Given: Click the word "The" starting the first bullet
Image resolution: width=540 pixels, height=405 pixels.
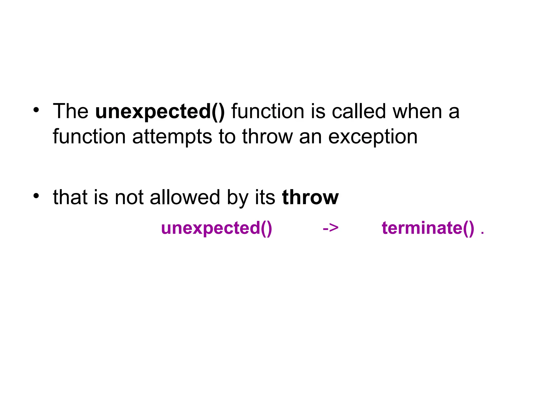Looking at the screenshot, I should coord(70,111).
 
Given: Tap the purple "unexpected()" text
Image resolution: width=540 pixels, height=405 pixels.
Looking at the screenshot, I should coord(216,228).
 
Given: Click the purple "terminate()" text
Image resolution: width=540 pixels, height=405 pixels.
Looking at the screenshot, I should coord(428,228).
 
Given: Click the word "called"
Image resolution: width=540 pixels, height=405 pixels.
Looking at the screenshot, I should coord(359,111).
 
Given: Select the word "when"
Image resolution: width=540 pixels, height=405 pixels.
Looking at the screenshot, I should coord(417,111).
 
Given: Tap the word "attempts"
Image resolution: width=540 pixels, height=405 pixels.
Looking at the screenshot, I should coord(172,137).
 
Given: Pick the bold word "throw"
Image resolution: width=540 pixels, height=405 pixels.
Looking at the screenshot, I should coord(310,197).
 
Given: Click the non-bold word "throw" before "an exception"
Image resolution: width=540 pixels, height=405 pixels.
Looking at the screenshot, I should coord(267,137).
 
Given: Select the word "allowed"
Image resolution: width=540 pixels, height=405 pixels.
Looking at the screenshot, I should coord(185,197).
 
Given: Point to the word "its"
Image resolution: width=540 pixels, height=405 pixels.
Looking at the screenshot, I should coord(265,197).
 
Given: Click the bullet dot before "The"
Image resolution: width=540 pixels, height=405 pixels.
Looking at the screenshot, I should coord(36,110).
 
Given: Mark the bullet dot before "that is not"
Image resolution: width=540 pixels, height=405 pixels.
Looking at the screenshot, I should coord(36,196).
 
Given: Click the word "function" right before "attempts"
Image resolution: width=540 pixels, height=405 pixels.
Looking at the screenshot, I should coord(89,137).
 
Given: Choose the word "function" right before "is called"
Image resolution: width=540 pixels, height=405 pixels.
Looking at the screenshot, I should coord(268,111).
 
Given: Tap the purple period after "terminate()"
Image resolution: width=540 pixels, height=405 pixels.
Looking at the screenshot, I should coord(482,233).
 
